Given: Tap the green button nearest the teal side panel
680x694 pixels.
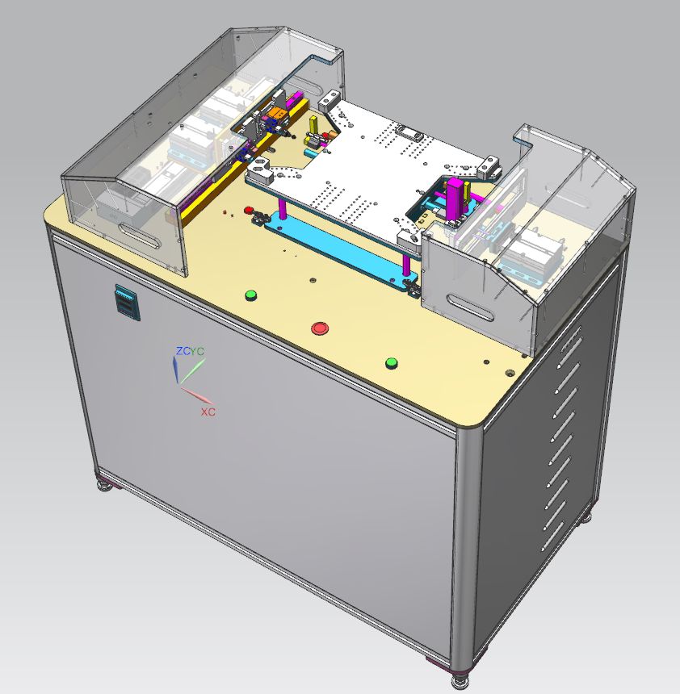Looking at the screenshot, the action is (250, 295).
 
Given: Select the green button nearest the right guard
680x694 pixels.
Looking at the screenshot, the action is (391, 363).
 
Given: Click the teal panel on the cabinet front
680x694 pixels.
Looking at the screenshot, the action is (128, 303).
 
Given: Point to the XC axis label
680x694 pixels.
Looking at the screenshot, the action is (208, 412).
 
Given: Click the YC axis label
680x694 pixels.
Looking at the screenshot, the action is (198, 351).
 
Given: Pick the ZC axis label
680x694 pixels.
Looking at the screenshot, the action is (183, 351).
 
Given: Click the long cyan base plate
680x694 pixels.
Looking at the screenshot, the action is (340, 251).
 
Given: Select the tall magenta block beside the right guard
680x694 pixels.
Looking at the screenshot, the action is (455, 199).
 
